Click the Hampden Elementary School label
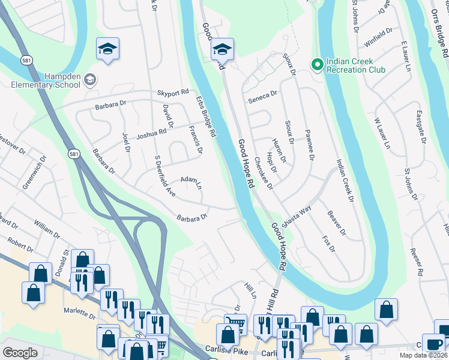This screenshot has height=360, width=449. click(x=46, y=80)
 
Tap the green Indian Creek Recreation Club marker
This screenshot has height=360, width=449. click(x=316, y=63)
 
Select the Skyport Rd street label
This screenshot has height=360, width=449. click(x=172, y=93)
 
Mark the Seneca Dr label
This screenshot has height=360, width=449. click(x=263, y=96)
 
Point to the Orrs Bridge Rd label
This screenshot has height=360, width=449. click(x=440, y=33)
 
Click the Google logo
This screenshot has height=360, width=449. click(x=20, y=353)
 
